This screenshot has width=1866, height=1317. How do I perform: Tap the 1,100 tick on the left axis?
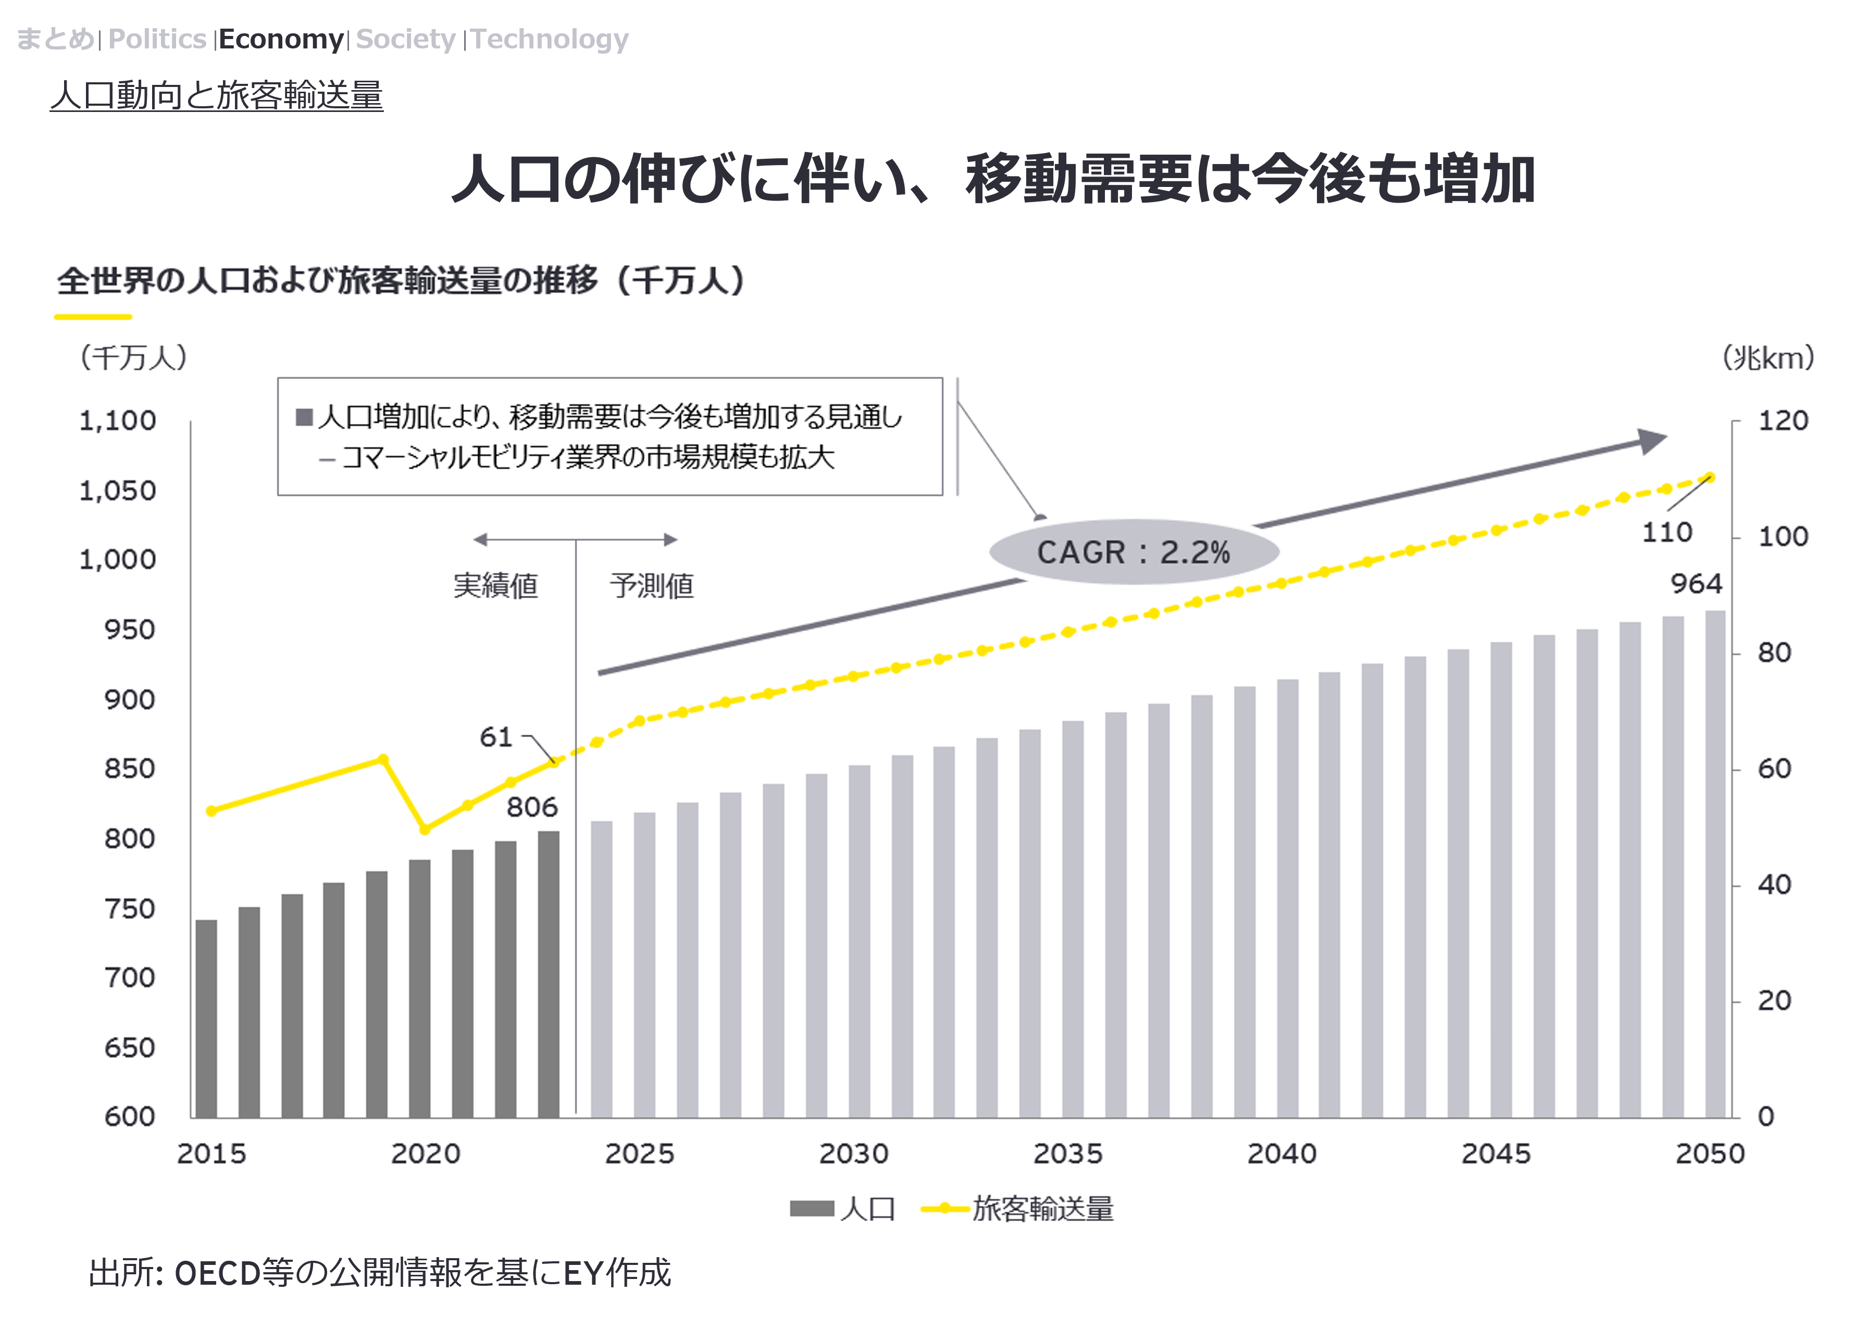pyautogui.click(x=117, y=421)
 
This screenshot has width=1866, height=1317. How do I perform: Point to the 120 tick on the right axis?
pyautogui.click(x=1783, y=421)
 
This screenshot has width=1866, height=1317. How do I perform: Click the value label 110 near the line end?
pyautogui.click(x=1667, y=533)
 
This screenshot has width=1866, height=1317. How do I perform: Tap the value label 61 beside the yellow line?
pyautogui.click(x=496, y=737)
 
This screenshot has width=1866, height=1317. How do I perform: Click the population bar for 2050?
pyautogui.click(x=1715, y=863)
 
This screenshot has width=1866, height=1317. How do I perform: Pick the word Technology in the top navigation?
pyautogui.click(x=550, y=39)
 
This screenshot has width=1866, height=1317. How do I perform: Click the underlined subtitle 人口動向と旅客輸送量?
pyautogui.click(x=216, y=95)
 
